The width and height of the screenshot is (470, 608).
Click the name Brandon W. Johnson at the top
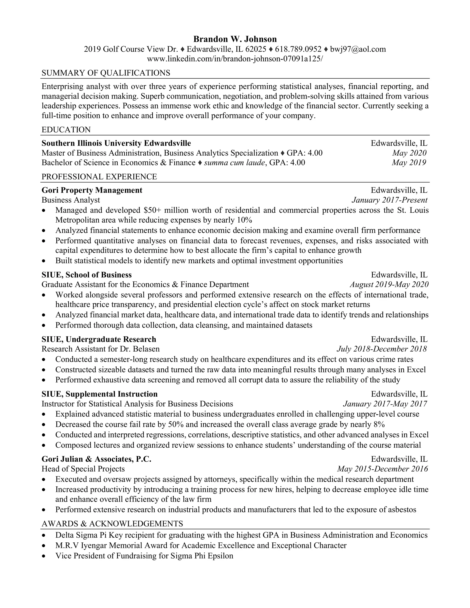(235, 39)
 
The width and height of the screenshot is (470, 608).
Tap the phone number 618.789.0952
(298, 49)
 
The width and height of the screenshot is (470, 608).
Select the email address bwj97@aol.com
(358, 49)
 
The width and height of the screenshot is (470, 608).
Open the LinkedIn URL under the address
(235, 59)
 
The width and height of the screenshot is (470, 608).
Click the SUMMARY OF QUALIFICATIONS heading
(106, 73)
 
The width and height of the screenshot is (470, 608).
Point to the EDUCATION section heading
(66, 130)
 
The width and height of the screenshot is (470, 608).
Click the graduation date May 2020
(409, 153)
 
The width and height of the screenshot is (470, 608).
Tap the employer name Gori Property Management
(92, 190)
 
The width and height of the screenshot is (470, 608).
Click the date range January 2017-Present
(389, 200)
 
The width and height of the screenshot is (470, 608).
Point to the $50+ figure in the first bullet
(151, 210)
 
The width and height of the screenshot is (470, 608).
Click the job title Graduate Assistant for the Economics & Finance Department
(145, 284)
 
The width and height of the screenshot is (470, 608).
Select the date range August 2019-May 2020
(389, 284)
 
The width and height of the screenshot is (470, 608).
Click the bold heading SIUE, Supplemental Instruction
(99, 394)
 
